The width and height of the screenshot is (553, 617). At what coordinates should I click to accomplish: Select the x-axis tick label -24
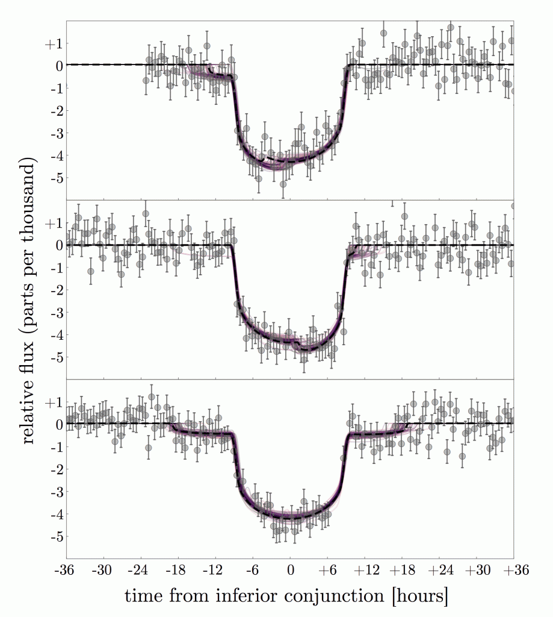tap(140, 571)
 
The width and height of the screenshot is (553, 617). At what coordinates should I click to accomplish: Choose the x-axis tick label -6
tap(253, 571)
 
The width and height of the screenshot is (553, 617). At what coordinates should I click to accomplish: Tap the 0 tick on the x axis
tap(291, 571)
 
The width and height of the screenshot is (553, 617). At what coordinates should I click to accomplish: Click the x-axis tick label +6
tap(327, 571)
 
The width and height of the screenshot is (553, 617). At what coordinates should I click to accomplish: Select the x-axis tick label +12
tap(365, 571)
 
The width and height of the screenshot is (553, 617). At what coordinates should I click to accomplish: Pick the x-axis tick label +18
tap(402, 571)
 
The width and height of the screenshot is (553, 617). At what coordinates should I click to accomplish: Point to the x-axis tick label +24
tap(439, 571)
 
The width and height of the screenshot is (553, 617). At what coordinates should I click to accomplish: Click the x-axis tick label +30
tap(477, 571)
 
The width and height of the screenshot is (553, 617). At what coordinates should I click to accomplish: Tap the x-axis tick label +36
tap(514, 571)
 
